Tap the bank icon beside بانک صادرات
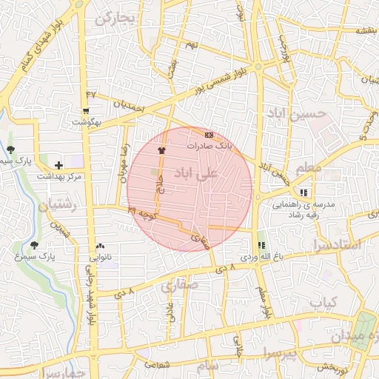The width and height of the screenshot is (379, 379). [209, 135]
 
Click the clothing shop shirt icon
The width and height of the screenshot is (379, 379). [161, 150]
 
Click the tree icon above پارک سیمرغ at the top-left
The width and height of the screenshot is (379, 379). [10, 150]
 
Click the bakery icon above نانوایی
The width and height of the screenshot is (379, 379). [101, 246]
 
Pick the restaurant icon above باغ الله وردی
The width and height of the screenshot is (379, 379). [261, 246]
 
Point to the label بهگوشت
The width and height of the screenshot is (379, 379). [86, 121]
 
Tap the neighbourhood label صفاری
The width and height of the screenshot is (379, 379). [177, 284]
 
